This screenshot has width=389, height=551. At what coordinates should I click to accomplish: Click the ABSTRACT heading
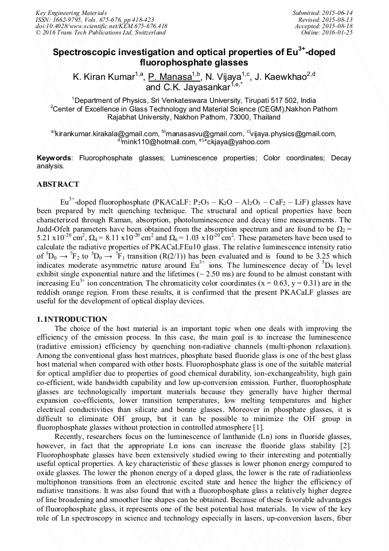[58, 185]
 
